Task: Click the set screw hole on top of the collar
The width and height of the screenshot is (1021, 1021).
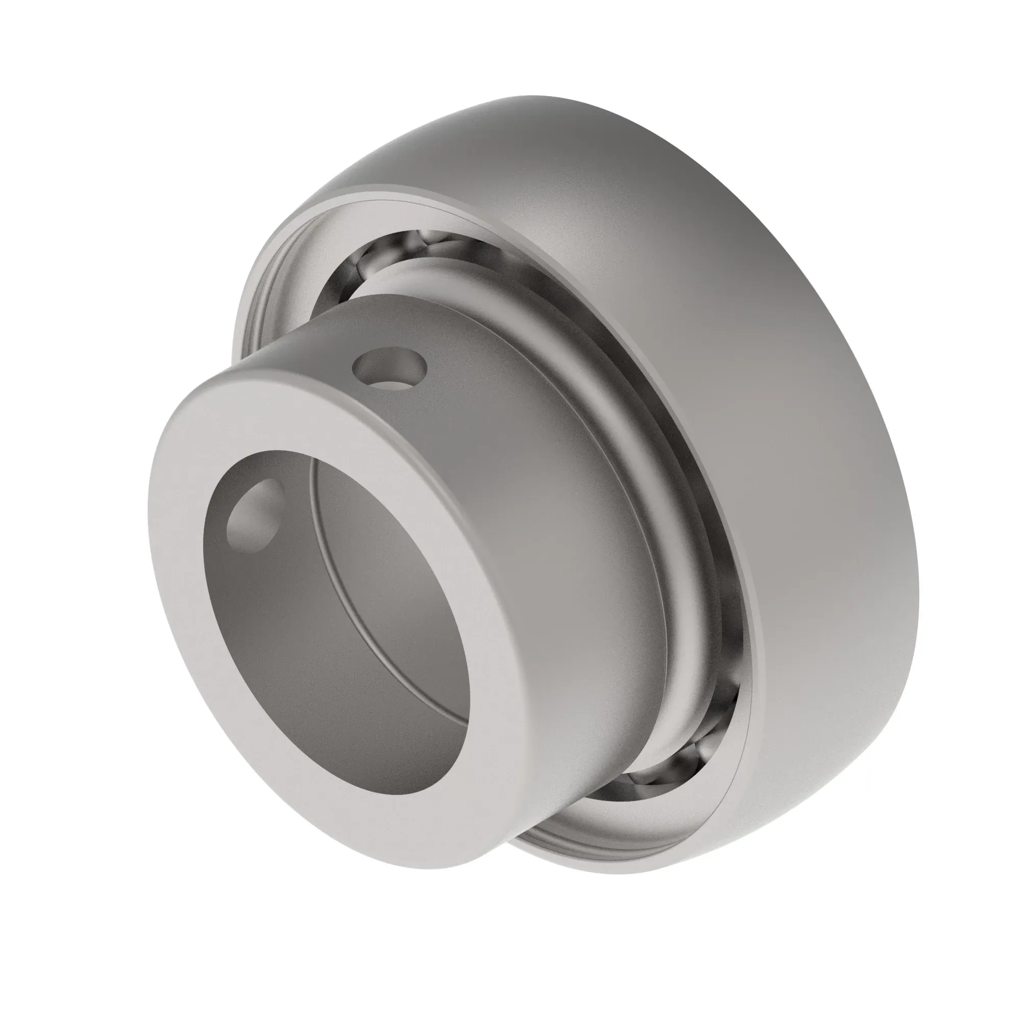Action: (390, 367)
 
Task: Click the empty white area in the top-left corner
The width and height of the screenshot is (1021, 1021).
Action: (79, 79)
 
